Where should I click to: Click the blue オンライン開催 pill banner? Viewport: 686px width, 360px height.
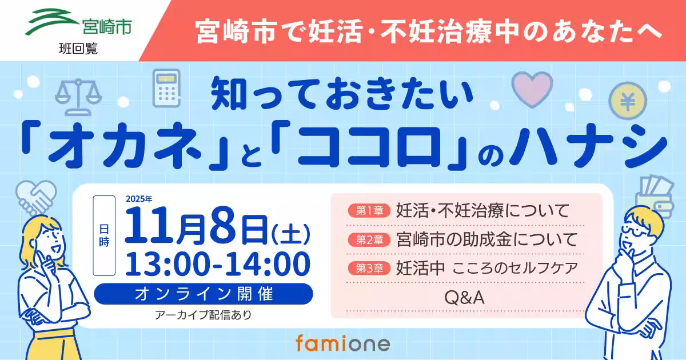pos(204,294)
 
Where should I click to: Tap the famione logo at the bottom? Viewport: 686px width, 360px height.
pos(343,343)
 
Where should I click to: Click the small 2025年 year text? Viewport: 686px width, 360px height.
pos(139,200)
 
